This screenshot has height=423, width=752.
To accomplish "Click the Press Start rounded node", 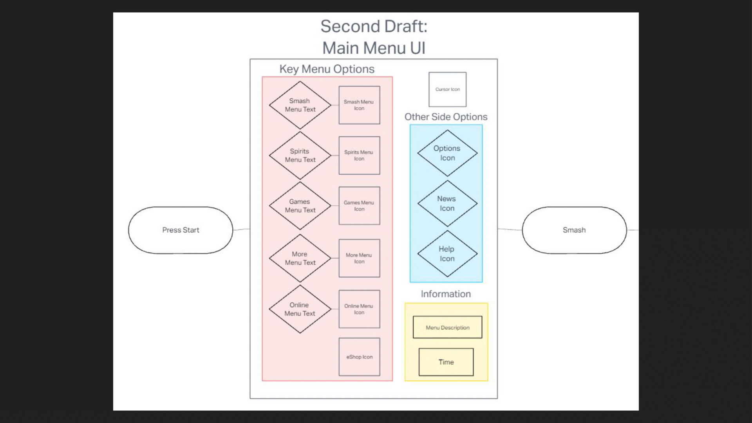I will click(181, 230).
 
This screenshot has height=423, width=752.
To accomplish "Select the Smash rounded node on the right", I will click(574, 230).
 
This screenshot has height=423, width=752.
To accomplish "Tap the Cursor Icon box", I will click(447, 89).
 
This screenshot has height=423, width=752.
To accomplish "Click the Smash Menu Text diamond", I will click(300, 105).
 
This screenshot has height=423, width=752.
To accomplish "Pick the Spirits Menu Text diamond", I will click(300, 155).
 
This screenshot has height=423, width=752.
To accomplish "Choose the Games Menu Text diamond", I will click(300, 206).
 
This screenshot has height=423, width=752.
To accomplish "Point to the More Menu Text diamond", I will click(300, 258).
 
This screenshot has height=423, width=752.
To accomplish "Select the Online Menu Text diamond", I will click(300, 309).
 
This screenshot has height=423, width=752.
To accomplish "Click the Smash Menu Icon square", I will click(359, 105).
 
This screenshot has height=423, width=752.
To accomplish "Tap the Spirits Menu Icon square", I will click(359, 155).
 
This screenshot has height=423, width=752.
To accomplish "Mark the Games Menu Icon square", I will click(359, 206).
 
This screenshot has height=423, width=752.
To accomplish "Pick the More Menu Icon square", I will click(359, 258).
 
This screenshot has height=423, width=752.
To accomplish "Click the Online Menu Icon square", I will click(359, 309).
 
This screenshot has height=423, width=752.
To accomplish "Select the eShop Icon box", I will click(359, 357).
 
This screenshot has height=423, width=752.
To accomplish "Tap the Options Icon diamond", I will click(447, 153).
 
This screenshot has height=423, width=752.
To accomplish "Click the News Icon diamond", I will click(447, 203).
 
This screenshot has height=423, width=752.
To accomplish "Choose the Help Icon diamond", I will click(447, 254).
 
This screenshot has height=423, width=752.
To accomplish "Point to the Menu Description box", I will click(447, 327).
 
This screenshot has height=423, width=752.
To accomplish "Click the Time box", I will click(446, 362).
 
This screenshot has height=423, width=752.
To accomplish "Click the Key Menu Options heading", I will click(327, 69).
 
